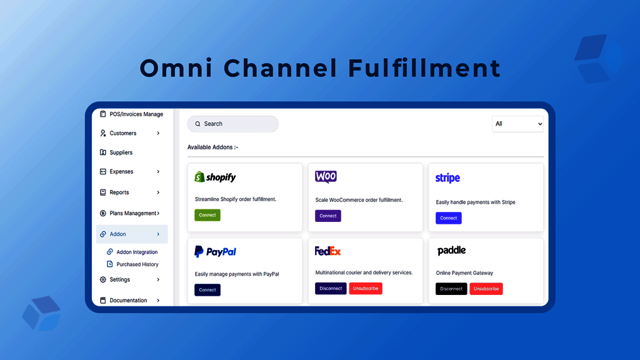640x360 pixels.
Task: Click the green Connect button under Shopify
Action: click(x=207, y=215)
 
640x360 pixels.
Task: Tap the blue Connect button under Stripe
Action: click(x=448, y=218)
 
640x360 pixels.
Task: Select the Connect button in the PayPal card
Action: click(x=207, y=290)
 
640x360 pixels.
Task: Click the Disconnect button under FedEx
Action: click(x=331, y=289)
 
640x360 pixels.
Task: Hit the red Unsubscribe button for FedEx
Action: click(x=366, y=289)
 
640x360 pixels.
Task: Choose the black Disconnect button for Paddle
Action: click(x=451, y=289)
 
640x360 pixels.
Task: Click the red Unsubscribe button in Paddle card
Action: click(x=486, y=289)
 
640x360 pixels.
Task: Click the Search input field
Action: click(x=233, y=124)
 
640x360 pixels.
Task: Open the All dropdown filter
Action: click(x=517, y=124)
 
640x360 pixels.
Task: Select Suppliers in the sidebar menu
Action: click(x=121, y=152)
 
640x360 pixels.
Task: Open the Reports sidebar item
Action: click(x=119, y=192)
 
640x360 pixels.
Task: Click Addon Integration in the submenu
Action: click(x=137, y=252)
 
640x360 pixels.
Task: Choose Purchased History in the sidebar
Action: click(x=137, y=264)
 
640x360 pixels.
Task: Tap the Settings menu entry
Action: click(x=119, y=279)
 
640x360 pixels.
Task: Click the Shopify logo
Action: click(x=215, y=177)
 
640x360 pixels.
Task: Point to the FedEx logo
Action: click(x=327, y=251)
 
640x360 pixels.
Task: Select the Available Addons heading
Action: click(x=212, y=147)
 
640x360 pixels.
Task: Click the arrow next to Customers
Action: click(x=158, y=133)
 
